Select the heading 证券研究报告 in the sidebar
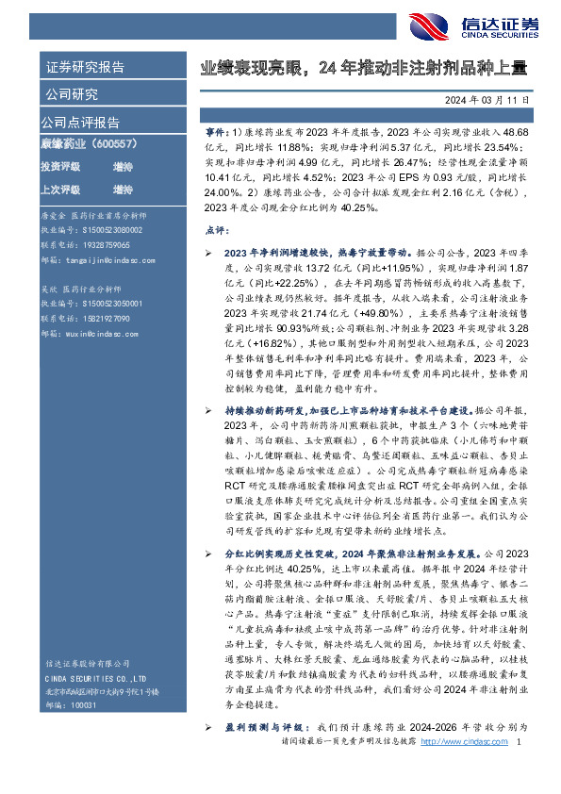pyautogui.click(x=85, y=68)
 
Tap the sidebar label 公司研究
pyautogui.click(x=70, y=94)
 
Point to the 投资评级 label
pyautogui.click(x=60, y=166)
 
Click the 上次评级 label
pyautogui.click(x=60, y=189)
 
